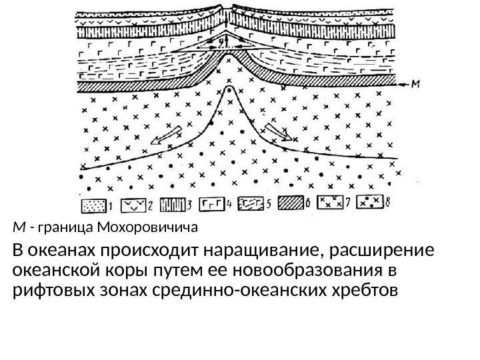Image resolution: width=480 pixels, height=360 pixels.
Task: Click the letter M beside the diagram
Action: point(415,83)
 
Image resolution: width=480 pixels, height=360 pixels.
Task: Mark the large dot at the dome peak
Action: point(229,87)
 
